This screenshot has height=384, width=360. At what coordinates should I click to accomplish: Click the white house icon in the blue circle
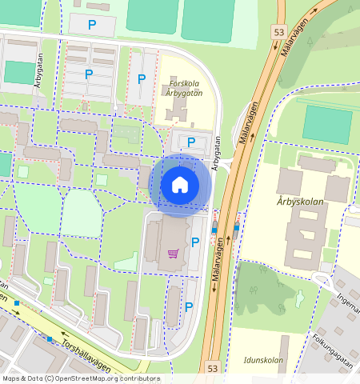(180, 186)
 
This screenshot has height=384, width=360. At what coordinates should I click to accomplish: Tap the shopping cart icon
(173, 254)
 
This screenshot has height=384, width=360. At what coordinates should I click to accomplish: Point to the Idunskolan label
(262, 360)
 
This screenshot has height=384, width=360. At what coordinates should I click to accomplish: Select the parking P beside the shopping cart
(194, 242)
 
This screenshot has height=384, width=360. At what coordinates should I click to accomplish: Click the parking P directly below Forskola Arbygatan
(190, 142)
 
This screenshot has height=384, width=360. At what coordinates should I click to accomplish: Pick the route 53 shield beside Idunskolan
(212, 368)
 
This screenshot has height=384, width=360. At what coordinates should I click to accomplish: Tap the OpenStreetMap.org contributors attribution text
(80, 378)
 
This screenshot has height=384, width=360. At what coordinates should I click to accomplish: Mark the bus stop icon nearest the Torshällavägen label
(50, 340)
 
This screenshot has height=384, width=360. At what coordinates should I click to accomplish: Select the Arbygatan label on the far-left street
(38, 70)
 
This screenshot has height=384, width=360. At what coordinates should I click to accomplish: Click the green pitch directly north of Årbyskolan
(327, 124)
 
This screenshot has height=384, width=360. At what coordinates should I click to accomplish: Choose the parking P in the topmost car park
(92, 26)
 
